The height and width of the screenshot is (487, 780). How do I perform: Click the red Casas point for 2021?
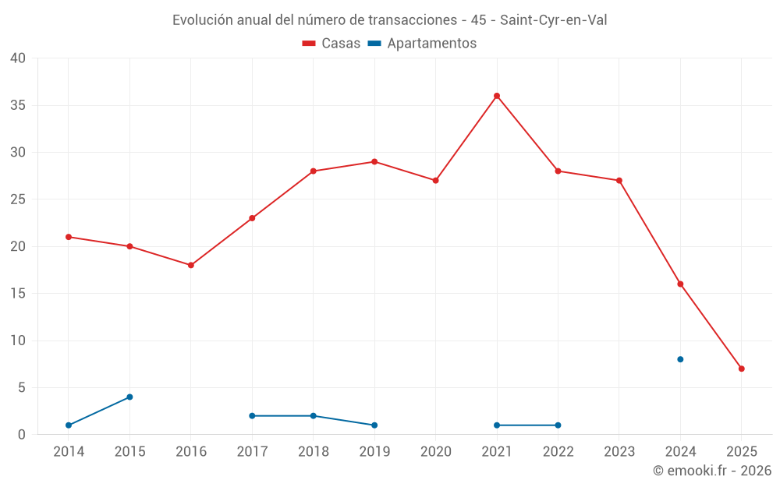(497, 96)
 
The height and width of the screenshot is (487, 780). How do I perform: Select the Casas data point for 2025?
(741, 369)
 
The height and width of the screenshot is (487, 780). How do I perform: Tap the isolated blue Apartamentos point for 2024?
(680, 359)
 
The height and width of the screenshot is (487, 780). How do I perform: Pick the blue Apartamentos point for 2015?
(129, 397)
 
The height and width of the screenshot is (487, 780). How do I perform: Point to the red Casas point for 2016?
(191, 265)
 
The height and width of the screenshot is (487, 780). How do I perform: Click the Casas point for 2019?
(374, 162)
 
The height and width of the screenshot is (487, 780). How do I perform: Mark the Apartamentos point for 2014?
(69, 425)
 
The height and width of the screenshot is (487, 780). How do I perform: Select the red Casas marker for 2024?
(680, 284)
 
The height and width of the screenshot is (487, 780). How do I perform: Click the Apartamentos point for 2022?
(558, 425)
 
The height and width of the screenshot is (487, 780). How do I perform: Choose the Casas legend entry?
(331, 44)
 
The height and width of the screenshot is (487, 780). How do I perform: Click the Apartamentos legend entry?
(422, 44)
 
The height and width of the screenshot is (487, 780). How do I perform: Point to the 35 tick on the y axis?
(18, 105)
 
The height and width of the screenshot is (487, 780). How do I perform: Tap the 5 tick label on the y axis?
(22, 388)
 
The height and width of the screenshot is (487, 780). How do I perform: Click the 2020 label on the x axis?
(435, 452)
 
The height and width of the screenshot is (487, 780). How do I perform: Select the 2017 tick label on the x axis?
(252, 452)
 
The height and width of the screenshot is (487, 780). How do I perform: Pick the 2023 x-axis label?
(619, 452)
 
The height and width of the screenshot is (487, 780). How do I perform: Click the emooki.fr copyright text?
(712, 471)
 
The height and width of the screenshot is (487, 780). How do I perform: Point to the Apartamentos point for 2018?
(314, 416)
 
